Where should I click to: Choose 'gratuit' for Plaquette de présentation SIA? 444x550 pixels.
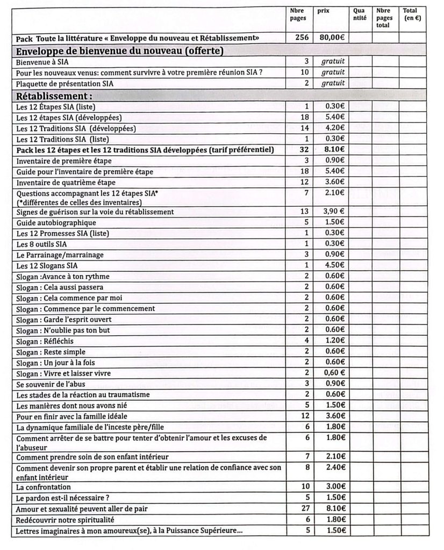pyautogui.click(x=333, y=84)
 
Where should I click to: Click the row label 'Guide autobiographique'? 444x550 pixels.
pyautogui.click(x=56, y=222)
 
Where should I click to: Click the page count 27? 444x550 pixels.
pyautogui.click(x=304, y=509)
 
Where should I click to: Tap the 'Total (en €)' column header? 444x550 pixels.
pyautogui.click(x=412, y=15)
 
